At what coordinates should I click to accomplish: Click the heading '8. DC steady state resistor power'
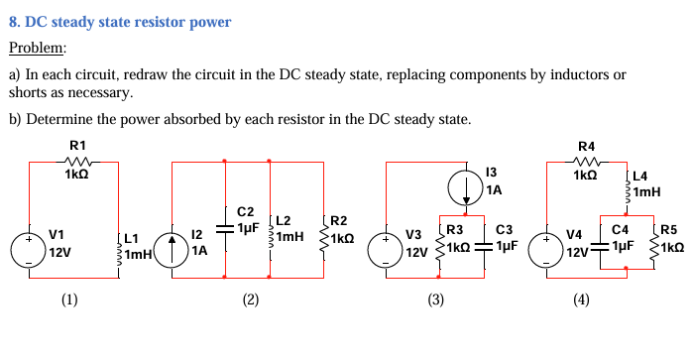coord(120,21)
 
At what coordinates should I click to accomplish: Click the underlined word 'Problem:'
coord(38,48)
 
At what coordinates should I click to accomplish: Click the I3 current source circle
coord(464,185)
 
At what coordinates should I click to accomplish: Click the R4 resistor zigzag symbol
coord(585,161)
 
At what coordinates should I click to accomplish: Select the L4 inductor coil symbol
coord(626,191)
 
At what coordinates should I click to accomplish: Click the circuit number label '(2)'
coord(251,300)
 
